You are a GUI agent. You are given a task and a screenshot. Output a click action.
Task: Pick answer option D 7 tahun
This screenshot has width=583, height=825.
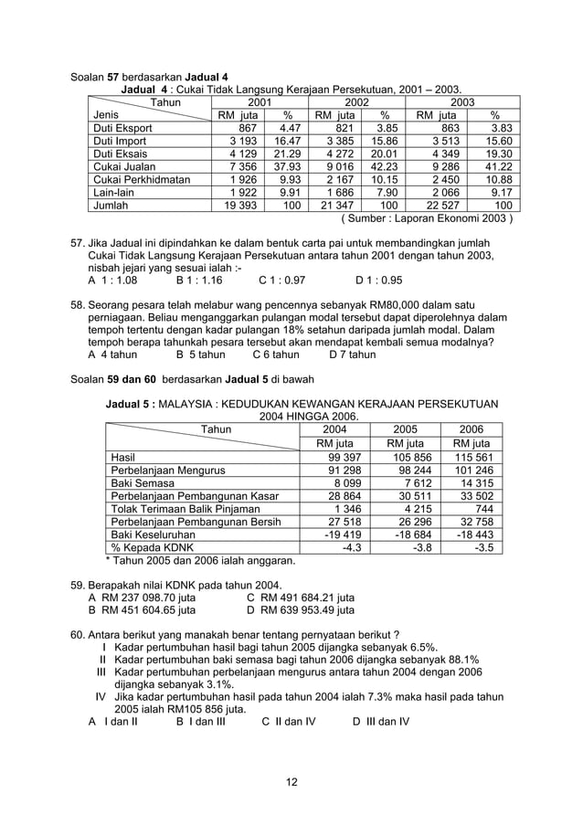pyautogui.click(x=352, y=354)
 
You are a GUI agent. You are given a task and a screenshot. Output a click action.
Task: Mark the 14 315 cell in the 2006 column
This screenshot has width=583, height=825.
pyautogui.click(x=466, y=484)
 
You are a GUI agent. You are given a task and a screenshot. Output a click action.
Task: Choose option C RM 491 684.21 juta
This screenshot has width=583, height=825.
pyautogui.click(x=301, y=598)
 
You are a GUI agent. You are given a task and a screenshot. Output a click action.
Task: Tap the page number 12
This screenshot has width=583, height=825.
pyautogui.click(x=291, y=780)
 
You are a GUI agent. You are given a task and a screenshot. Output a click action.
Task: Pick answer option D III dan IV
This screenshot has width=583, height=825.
pyautogui.click(x=380, y=720)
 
